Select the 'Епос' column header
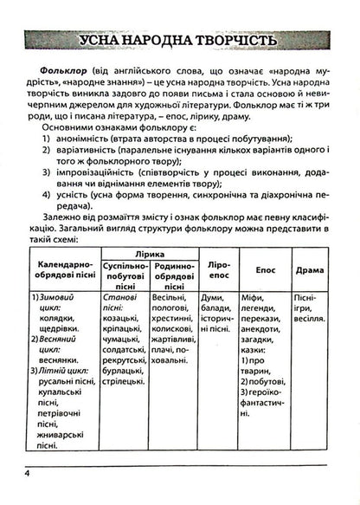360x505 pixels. (x=263, y=270)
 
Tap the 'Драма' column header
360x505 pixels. (x=308, y=270)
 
